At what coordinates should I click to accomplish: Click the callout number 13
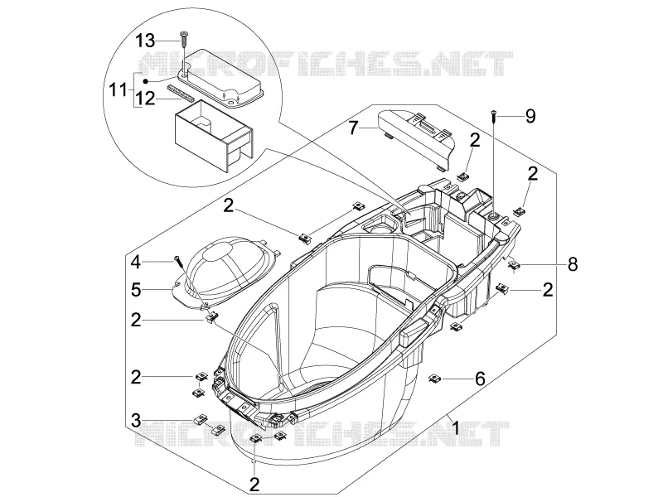tap(146, 41)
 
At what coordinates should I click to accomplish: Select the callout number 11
tap(118, 89)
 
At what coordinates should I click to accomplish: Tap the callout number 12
tap(146, 99)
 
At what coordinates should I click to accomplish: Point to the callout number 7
tap(354, 128)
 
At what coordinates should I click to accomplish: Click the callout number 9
tap(530, 116)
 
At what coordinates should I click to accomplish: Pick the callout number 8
tap(572, 264)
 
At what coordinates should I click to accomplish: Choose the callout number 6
tap(480, 379)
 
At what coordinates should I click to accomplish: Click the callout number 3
tap(136, 421)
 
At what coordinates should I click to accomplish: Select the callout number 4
tap(136, 263)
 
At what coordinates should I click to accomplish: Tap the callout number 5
tap(136, 290)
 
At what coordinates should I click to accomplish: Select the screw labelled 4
tap(178, 261)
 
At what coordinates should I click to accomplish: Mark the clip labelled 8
tap(513, 265)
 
